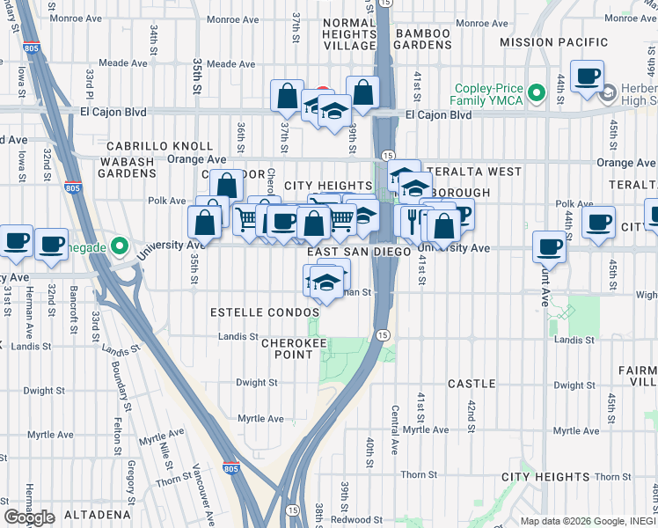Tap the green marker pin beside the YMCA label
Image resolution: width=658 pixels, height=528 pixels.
[533, 90]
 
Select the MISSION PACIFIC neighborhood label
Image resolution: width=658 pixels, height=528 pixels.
[553, 42]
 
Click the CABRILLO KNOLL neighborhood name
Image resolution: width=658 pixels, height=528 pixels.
[159, 146]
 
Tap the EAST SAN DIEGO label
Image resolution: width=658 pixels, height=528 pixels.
[360, 252]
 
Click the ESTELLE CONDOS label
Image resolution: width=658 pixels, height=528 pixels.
[265, 313]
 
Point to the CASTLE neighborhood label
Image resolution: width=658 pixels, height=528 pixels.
[472, 385]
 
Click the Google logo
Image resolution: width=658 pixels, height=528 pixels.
[29, 517]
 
